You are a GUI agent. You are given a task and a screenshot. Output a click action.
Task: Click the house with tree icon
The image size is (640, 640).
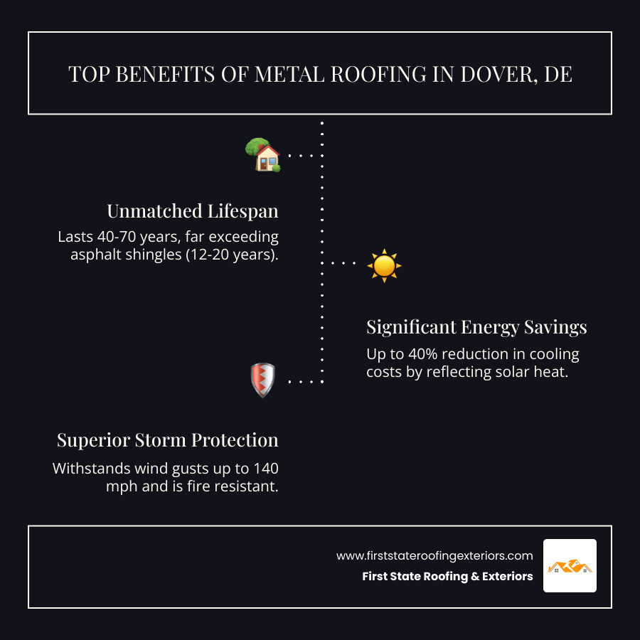pyautogui.click(x=263, y=154)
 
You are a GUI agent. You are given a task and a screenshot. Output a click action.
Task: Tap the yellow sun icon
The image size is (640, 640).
pyautogui.click(x=384, y=265)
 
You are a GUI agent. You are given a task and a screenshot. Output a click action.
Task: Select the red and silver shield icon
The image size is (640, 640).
pyautogui.click(x=262, y=380)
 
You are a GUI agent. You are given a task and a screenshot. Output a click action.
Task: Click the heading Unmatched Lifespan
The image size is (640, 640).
pyautogui.click(x=193, y=211)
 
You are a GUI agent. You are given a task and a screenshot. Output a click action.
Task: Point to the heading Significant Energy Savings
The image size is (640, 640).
pyautogui.click(x=476, y=326)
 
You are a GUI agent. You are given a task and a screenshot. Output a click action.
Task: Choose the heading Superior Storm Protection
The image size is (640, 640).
pyautogui.click(x=168, y=440)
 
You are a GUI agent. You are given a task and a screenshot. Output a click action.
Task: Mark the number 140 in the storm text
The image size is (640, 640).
pyautogui.click(x=265, y=469)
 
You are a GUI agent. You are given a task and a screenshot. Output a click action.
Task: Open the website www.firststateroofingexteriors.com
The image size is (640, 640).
pyautogui.click(x=434, y=555)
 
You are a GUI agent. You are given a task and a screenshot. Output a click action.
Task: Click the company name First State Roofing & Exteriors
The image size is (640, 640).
pyautogui.click(x=447, y=577)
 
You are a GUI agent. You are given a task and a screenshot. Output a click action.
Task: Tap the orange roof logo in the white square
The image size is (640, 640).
pyautogui.click(x=570, y=566)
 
